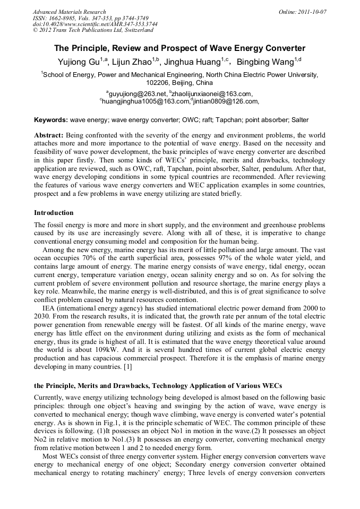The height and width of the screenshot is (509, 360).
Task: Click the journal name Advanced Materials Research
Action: tap(69, 12)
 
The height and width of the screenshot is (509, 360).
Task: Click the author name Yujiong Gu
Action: tap(78, 63)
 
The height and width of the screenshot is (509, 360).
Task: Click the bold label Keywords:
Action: tap(50, 120)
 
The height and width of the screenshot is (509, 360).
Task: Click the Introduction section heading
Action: tap(54, 213)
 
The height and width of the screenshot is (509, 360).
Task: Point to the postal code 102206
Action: tap(159, 83)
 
